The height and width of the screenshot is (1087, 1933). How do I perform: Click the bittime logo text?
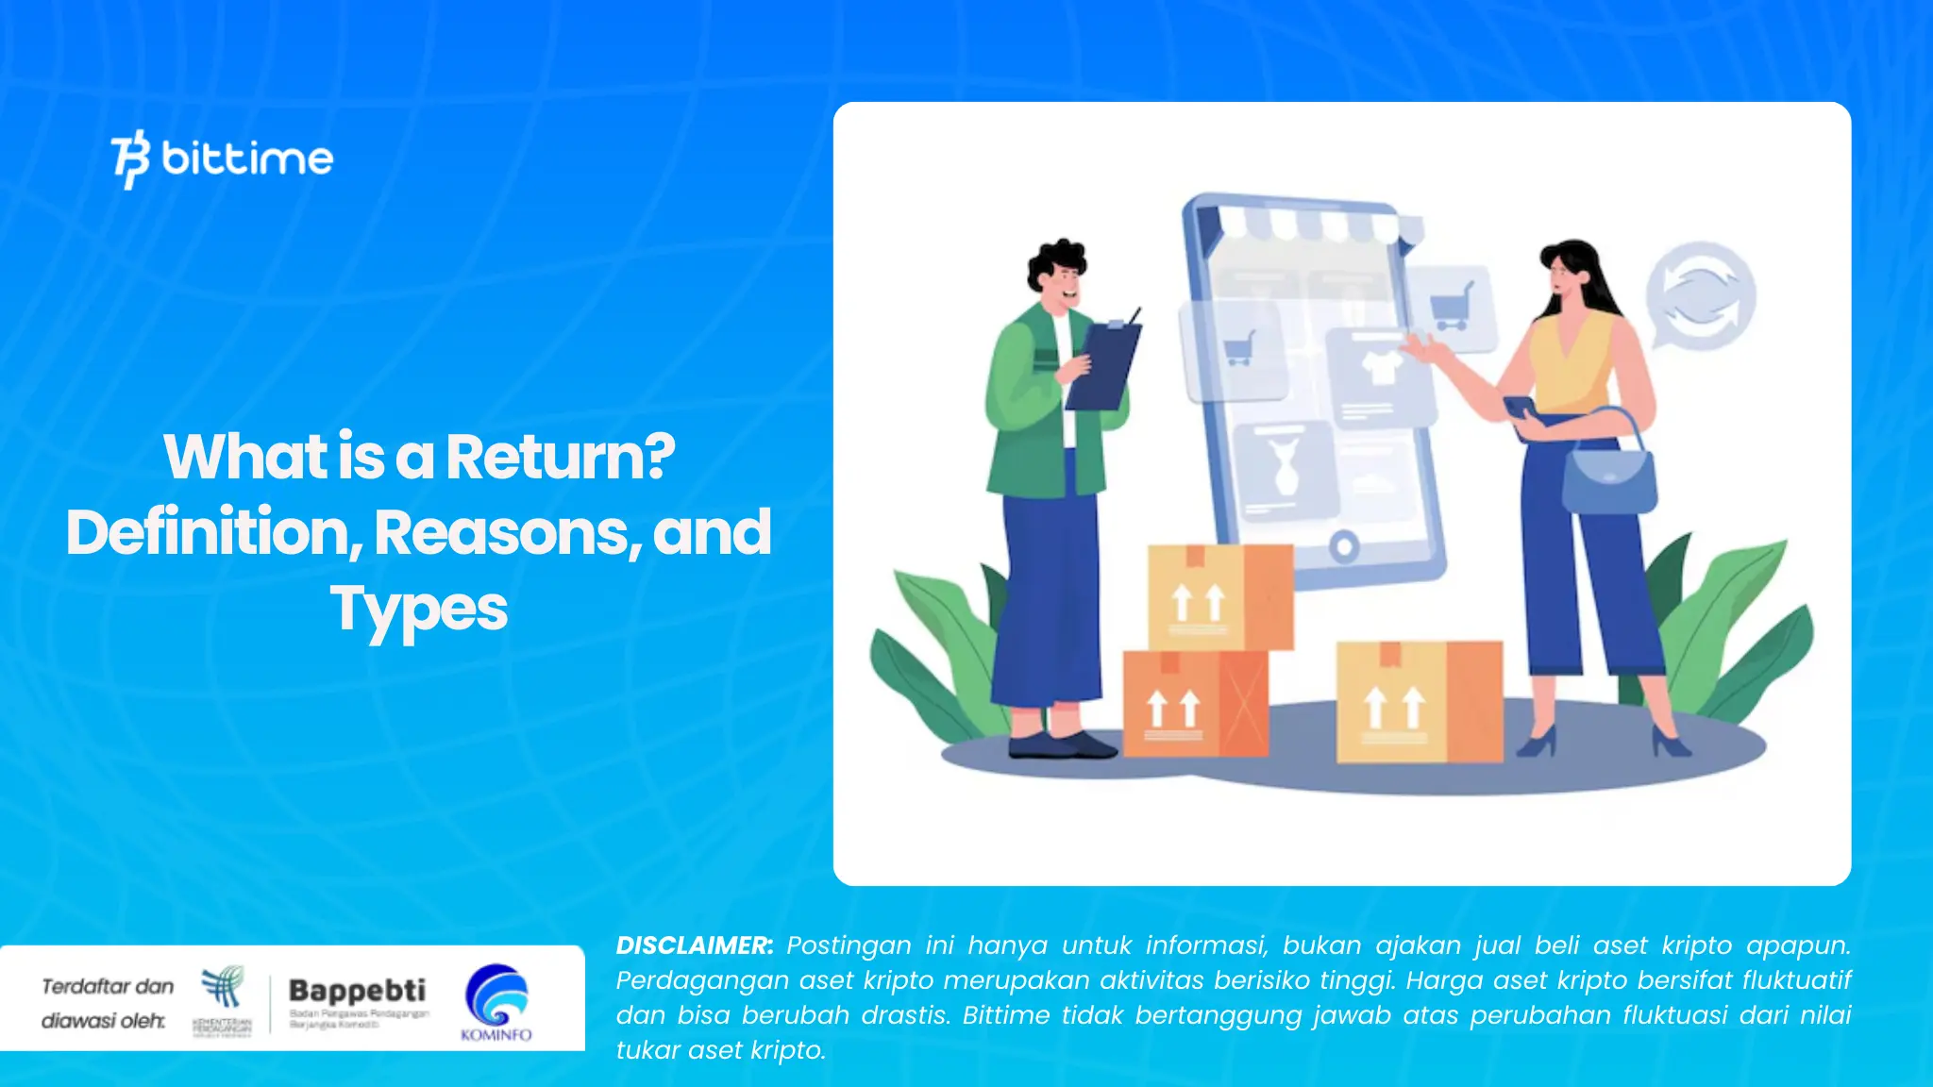click(246, 159)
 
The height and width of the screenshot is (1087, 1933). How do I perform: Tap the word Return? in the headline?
click(560, 457)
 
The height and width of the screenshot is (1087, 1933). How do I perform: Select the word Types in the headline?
click(418, 610)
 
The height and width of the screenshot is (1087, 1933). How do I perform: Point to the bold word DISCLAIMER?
click(694, 945)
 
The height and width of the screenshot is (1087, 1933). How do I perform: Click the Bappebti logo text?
click(357, 991)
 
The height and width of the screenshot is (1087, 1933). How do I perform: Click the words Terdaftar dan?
click(108, 986)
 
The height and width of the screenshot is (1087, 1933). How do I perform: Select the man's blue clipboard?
click(1103, 364)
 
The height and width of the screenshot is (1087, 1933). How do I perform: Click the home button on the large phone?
click(1344, 545)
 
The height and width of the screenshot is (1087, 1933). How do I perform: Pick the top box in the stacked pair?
click(1219, 596)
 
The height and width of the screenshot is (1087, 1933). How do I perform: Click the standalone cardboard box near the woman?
click(1419, 701)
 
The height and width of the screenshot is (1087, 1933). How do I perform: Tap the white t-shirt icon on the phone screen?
click(1379, 367)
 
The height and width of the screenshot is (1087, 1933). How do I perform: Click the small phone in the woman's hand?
click(1521, 408)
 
